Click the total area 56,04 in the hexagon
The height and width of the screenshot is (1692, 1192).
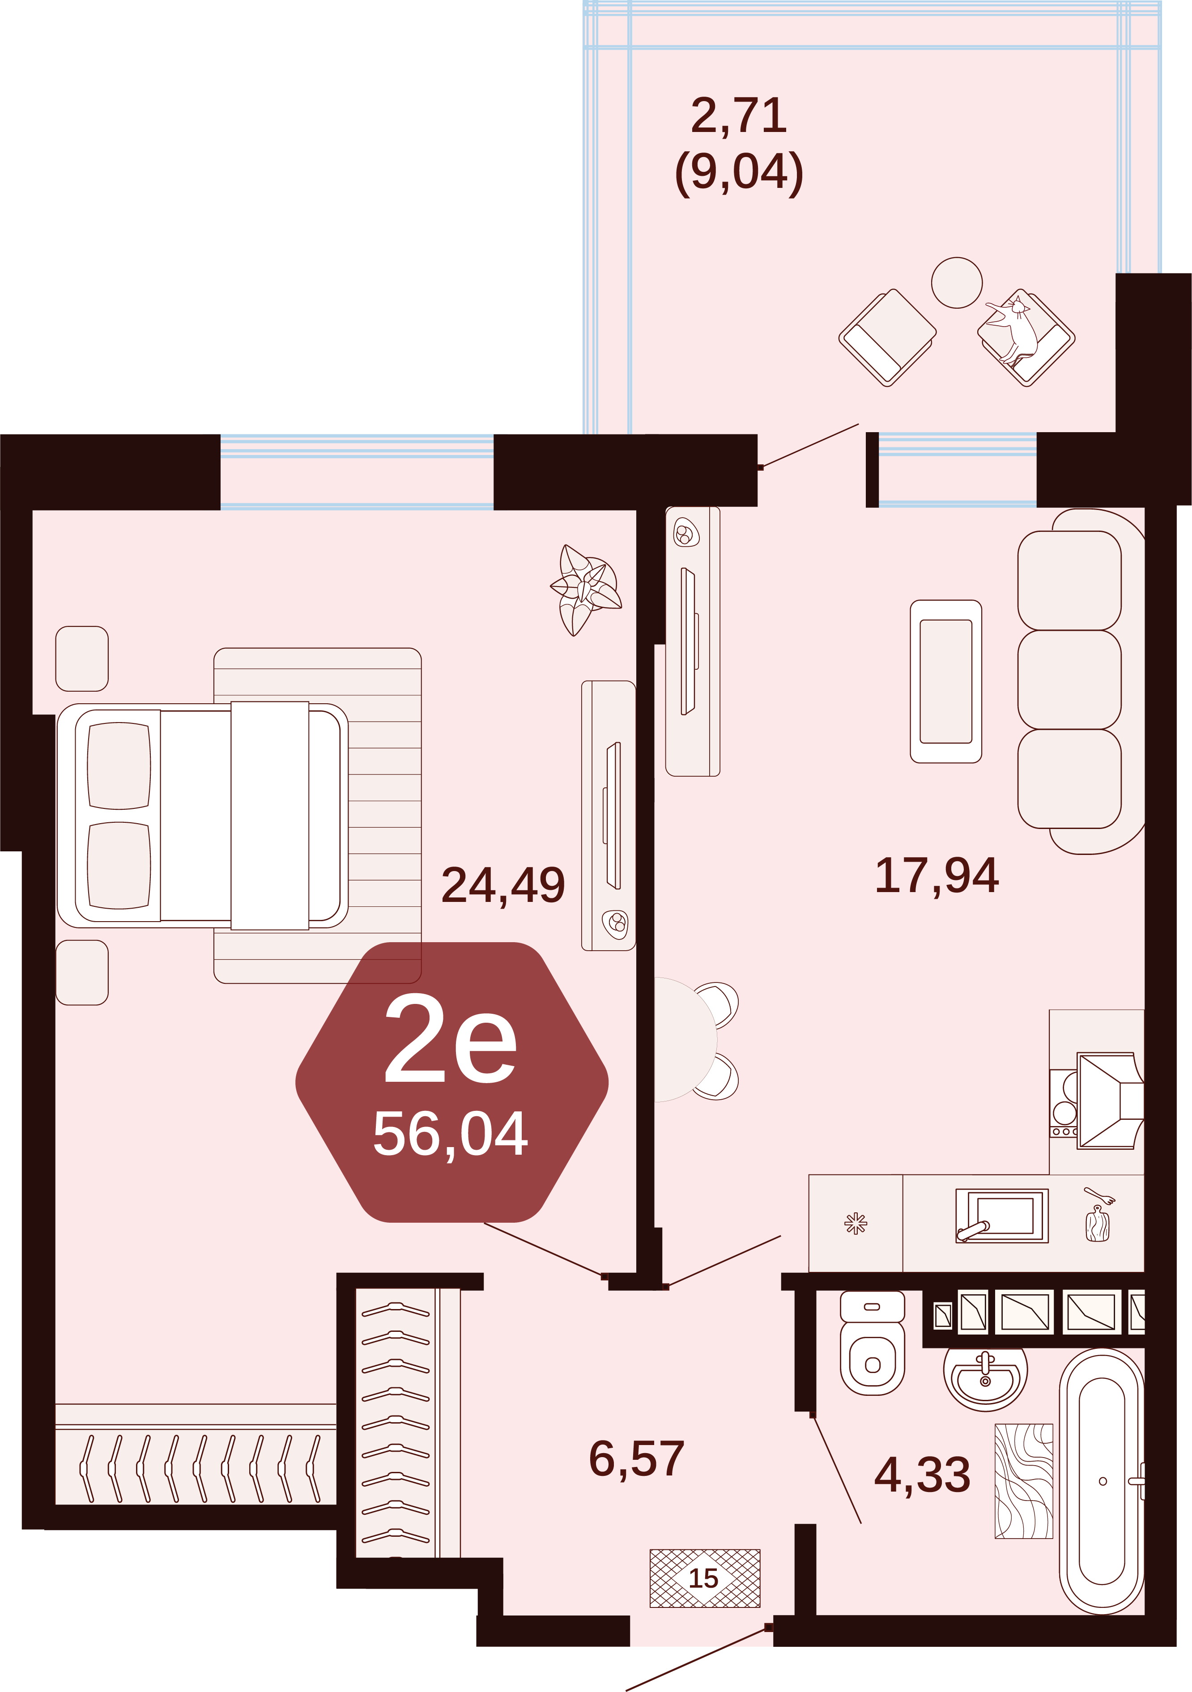coord(451,1133)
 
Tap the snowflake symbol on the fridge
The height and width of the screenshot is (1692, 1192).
coord(855,1223)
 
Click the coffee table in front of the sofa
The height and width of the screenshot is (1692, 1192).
coord(946,681)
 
